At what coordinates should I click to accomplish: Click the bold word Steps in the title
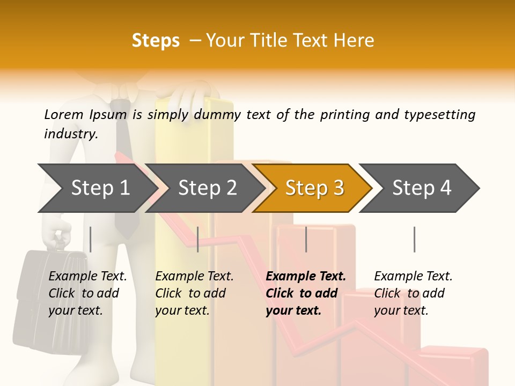point(156,41)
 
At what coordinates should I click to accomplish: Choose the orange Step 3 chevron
point(314,188)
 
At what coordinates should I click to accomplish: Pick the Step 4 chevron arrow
point(422,188)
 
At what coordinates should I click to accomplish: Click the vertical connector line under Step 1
point(91,239)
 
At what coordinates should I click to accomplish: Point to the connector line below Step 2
point(198,239)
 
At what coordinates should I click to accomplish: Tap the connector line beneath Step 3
point(306,239)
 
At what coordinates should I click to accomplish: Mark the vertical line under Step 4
point(414,239)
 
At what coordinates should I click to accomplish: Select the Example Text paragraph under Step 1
point(87,293)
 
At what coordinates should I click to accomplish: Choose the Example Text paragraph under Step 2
point(194,293)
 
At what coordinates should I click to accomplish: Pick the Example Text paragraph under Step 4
point(413,293)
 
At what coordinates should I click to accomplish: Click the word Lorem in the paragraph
point(64,115)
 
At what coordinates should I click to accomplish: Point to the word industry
point(71,134)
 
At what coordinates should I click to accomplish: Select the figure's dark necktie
point(124,177)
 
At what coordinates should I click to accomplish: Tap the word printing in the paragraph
point(344,115)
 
